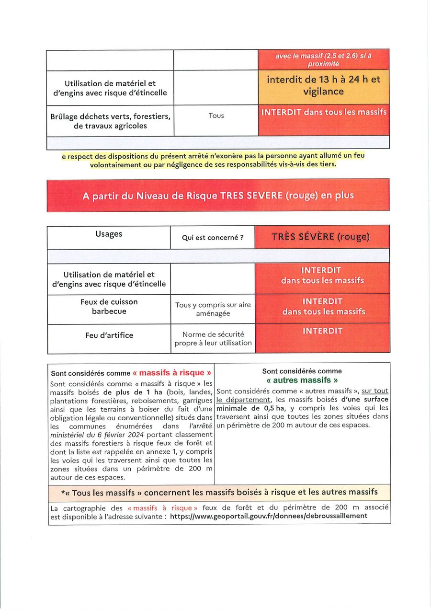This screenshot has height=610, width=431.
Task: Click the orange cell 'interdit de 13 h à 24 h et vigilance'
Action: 324,85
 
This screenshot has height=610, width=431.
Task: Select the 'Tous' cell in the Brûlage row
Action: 216,115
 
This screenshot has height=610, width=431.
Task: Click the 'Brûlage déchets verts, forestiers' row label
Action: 110,121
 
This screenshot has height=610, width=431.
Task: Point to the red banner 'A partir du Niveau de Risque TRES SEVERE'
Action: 218,196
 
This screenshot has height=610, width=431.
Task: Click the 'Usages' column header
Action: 109,234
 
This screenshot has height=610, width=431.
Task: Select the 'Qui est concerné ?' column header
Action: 213,237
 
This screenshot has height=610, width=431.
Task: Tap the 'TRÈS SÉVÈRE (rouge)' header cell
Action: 321,237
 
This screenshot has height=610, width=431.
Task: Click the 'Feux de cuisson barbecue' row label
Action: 109,307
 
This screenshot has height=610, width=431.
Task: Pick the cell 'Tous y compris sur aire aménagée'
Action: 213,309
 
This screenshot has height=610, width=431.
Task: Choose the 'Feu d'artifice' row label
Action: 109,335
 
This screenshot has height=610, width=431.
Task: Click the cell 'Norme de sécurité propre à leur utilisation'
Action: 213,339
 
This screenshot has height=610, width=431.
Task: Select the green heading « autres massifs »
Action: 302,380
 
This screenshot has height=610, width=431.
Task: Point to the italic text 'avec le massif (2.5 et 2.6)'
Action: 323,56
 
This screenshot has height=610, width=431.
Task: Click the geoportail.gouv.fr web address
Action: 269,516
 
